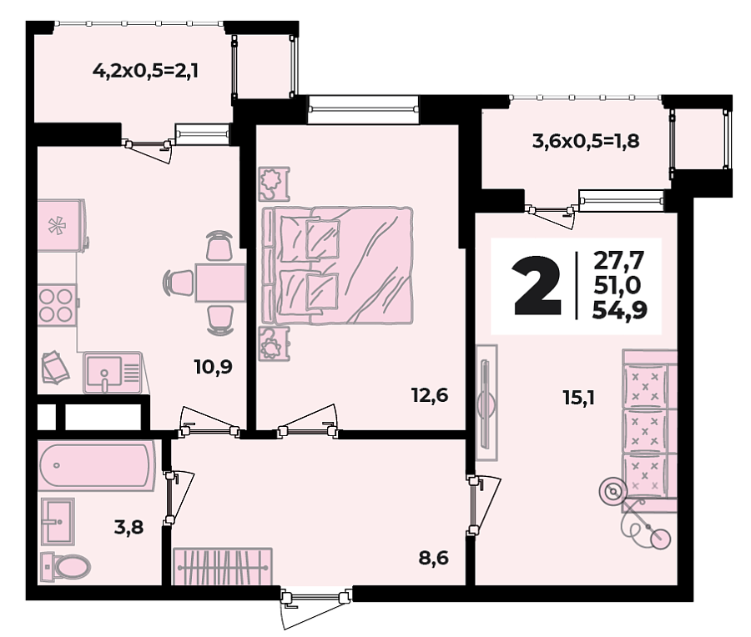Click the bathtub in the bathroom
click(x=97, y=466)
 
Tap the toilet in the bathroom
click(x=66, y=567)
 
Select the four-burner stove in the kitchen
click(x=57, y=305)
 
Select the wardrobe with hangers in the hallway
click(x=223, y=566)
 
